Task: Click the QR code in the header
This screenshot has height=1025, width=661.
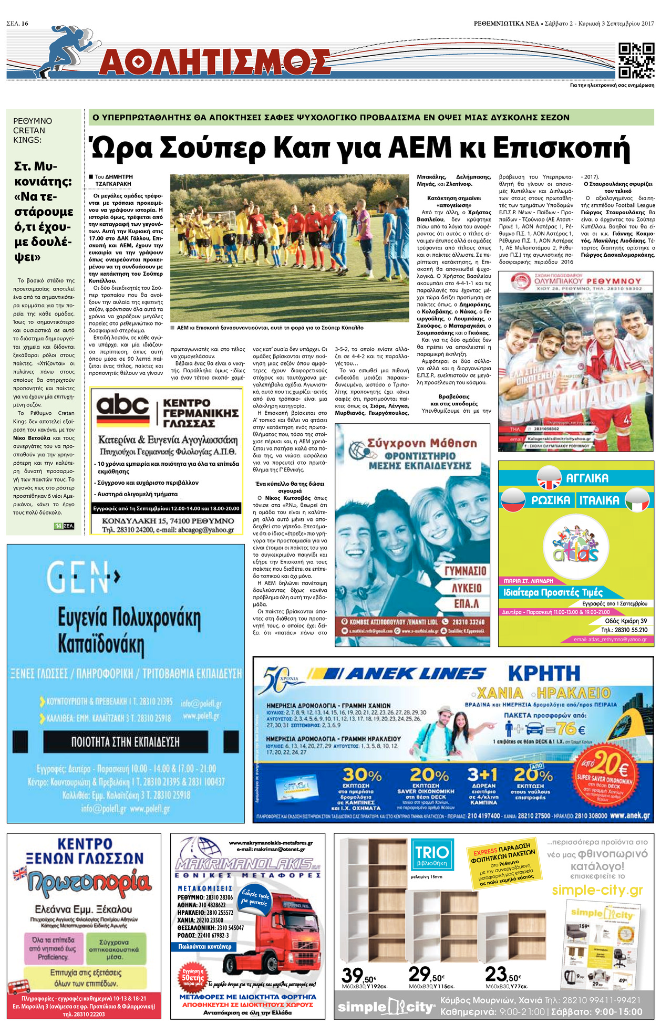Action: pyautogui.click(x=636, y=60)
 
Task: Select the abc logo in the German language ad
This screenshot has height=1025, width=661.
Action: pyautogui.click(x=123, y=405)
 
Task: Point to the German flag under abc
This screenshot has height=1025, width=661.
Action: pyautogui.click(x=123, y=421)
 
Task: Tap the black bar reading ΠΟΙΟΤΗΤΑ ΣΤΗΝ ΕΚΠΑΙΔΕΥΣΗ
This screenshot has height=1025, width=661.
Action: pyautogui.click(x=125, y=741)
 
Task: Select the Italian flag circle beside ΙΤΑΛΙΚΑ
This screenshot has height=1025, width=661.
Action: pyautogui.click(x=637, y=499)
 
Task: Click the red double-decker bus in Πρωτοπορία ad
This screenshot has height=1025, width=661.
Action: pyautogui.click(x=19, y=987)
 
